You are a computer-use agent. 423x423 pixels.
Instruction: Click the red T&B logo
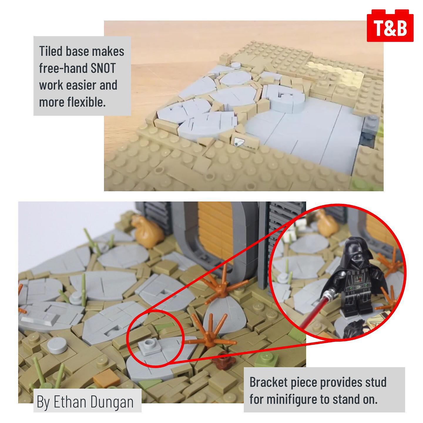[x=390, y=26]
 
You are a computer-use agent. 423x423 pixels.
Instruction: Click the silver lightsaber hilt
[x=329, y=289]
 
